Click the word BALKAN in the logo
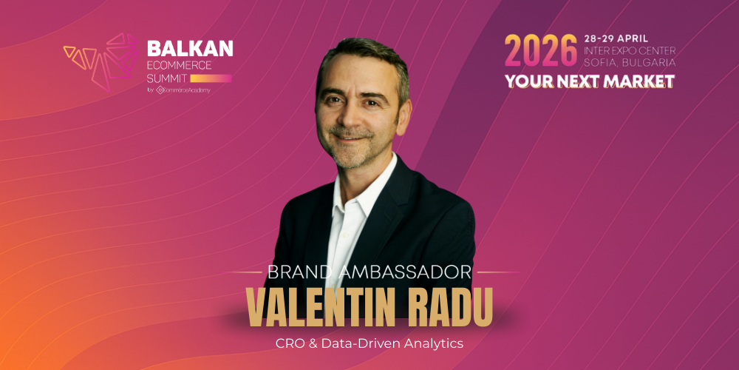(190, 48)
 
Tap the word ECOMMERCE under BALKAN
(180, 65)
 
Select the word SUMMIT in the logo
(167, 78)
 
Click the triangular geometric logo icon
(101, 61)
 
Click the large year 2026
(541, 51)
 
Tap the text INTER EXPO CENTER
(630, 50)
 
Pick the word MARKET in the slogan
(639, 81)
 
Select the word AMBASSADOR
(404, 272)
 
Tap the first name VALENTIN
(321, 306)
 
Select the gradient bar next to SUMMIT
(211, 78)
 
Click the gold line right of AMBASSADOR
(498, 272)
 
